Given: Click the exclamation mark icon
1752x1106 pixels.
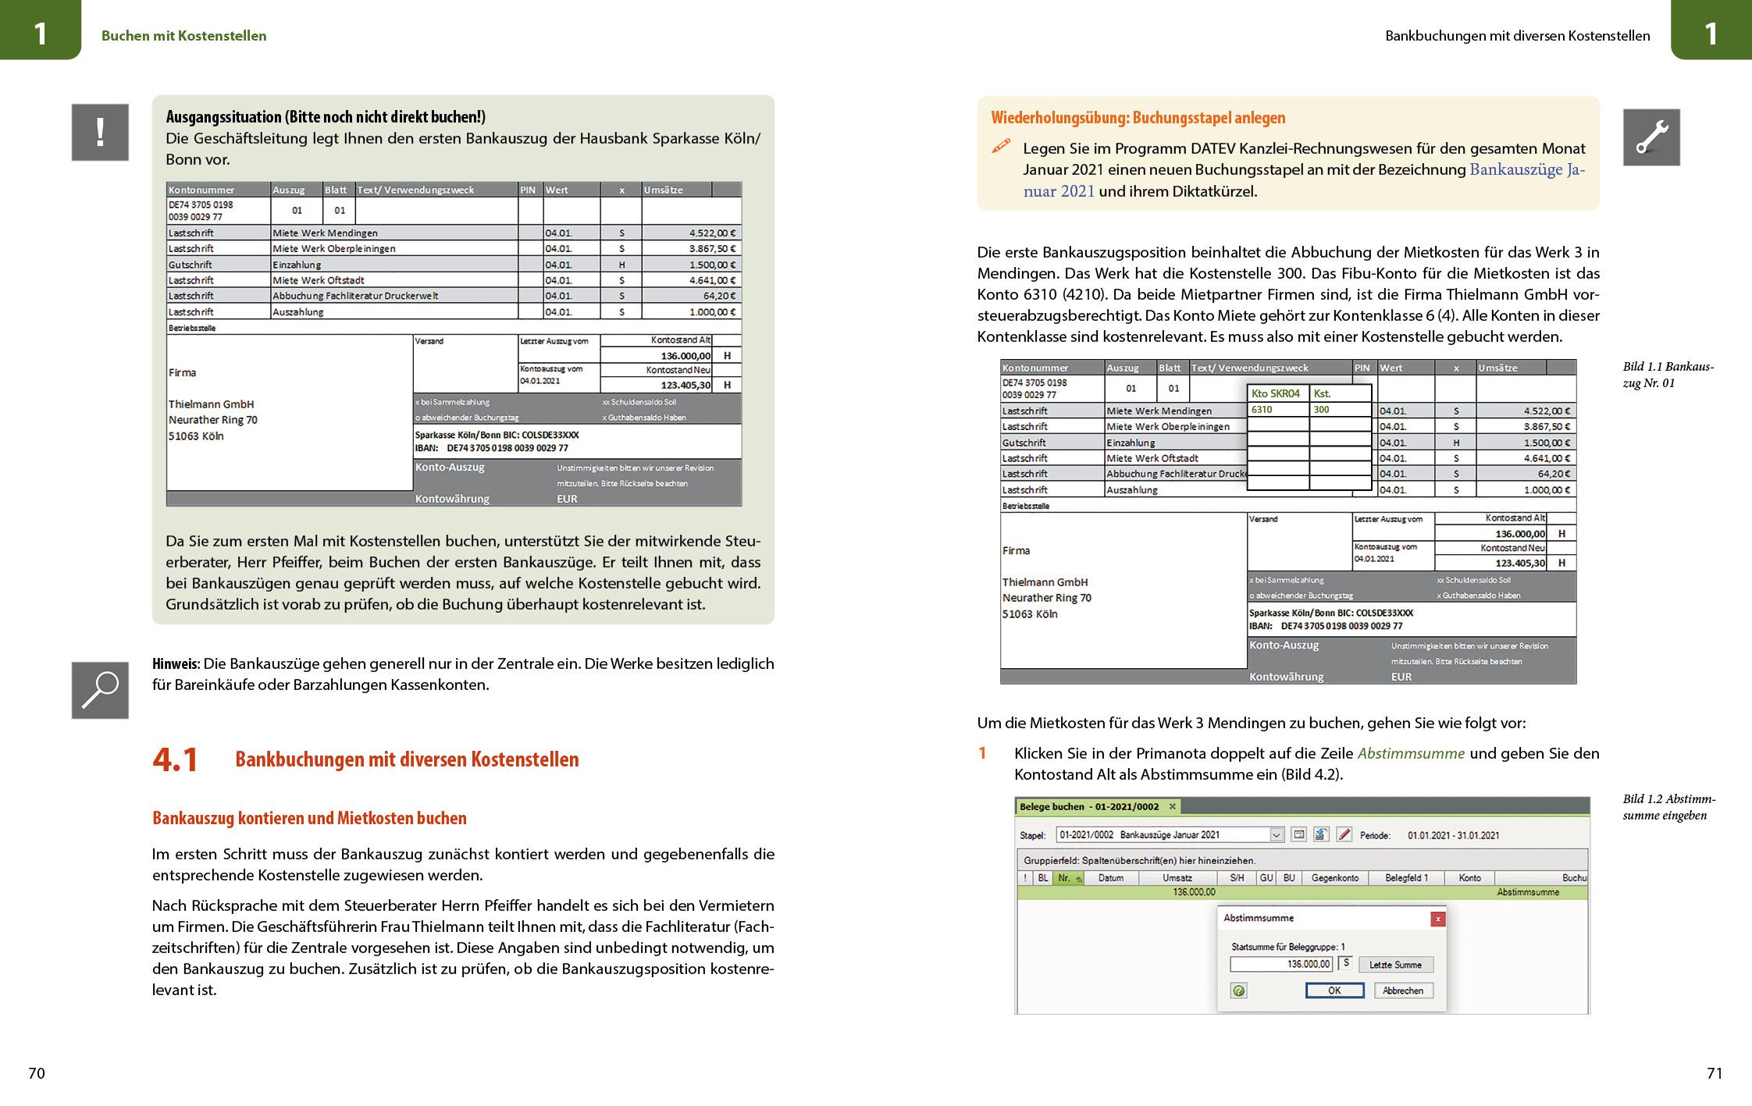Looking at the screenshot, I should pos(100,133).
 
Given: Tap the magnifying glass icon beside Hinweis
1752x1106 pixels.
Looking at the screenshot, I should pos(100,690).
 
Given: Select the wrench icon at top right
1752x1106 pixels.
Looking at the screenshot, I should pos(1651,137).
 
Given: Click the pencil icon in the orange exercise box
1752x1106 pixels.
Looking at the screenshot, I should pos(1001,146).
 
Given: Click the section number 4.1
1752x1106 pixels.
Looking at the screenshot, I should pos(176,759).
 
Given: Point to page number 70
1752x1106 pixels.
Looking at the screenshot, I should pos(37,1073).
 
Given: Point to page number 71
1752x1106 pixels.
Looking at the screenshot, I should pos(1715,1073).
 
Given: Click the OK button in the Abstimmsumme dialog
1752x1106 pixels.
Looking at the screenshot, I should pos(1334,990).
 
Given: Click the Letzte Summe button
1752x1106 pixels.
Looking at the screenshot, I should pos(1395,965).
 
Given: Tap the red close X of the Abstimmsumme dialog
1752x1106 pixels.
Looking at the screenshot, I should pos(1437,919).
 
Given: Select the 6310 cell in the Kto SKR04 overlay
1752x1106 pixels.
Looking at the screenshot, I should pos(1277,410).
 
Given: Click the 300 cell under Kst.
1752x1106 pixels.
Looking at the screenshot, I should pos(1339,410).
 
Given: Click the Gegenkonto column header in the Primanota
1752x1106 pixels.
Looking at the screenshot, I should pos(1334,878).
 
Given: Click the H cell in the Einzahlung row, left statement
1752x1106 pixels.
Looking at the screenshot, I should pos(621,265).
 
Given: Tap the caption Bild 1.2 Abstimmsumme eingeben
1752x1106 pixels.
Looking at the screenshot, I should pos(1668,807).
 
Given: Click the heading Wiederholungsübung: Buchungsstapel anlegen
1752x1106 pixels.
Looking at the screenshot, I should pos(1138,118).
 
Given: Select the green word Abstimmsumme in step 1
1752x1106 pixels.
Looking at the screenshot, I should pos(1411,753).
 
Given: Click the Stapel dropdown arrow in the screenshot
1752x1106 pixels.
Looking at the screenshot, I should pos(1277,835).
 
